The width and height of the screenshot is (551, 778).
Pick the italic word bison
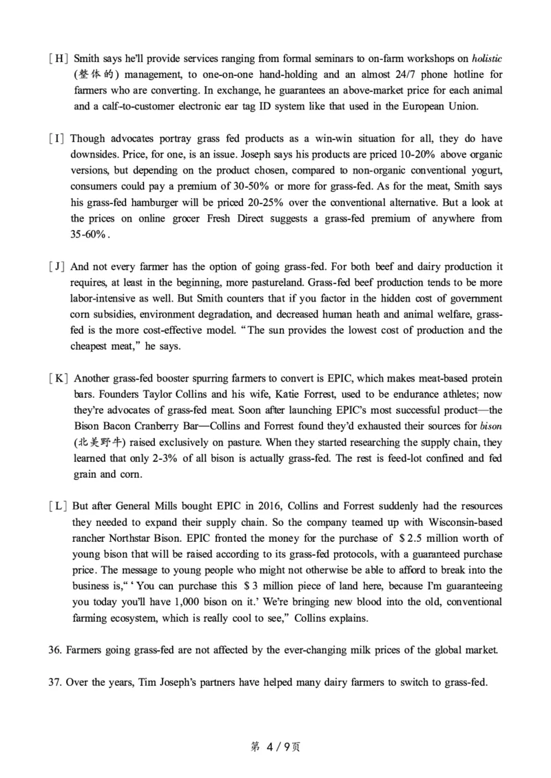point(490,426)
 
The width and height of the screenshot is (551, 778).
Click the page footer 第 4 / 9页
point(275,746)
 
